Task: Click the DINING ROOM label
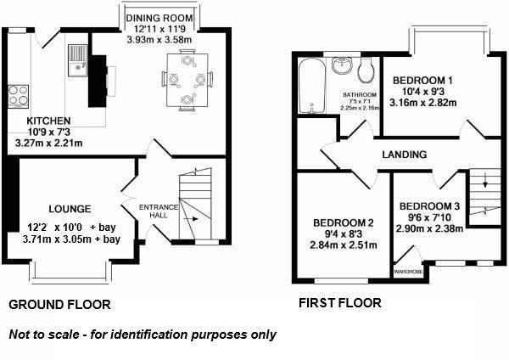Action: (x=159, y=17)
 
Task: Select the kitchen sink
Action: (x=78, y=58)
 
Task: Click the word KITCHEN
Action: (x=36, y=121)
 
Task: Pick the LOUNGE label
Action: (x=70, y=209)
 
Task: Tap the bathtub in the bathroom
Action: (x=311, y=88)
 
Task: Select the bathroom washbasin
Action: (x=342, y=66)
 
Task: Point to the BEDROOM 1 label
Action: (x=422, y=81)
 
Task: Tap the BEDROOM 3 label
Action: (x=430, y=206)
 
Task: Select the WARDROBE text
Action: (x=408, y=271)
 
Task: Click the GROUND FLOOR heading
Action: (x=59, y=303)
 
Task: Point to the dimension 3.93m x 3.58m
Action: (x=160, y=39)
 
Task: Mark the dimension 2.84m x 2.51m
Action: (x=343, y=245)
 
